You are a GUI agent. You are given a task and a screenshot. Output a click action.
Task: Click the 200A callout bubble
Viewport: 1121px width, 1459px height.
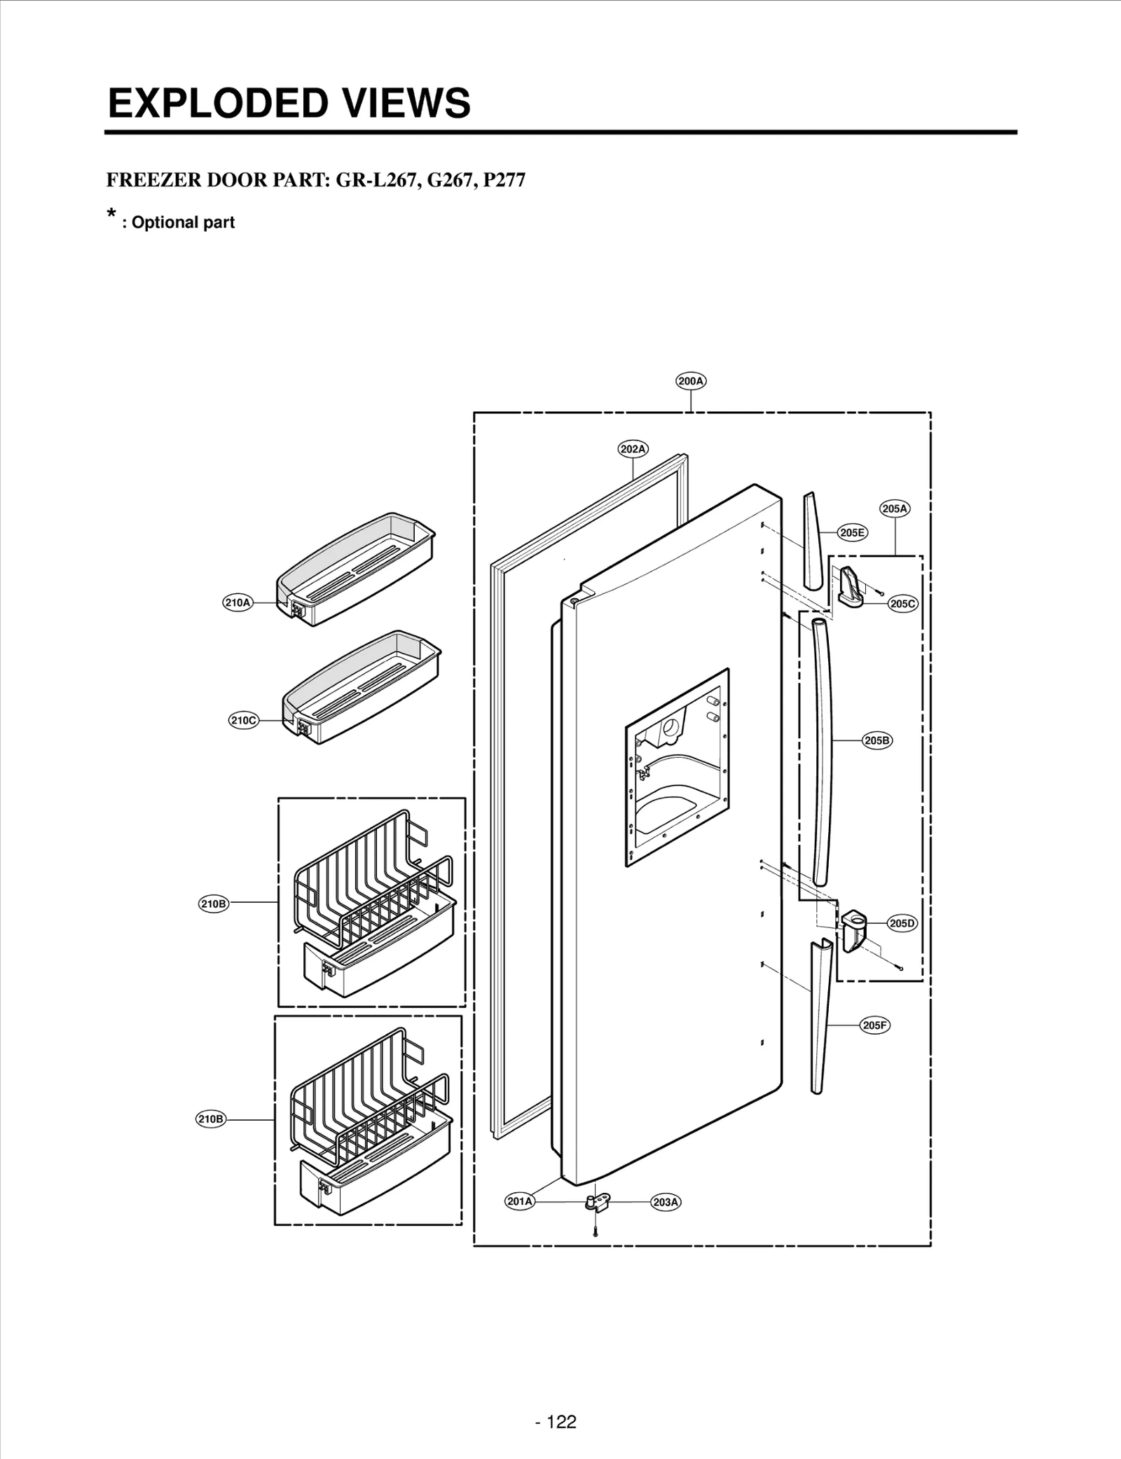click(x=691, y=381)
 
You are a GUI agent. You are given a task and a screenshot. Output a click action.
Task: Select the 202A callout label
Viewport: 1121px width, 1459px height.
click(x=633, y=449)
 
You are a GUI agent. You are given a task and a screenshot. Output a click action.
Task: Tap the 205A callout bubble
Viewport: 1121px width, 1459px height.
click(x=895, y=509)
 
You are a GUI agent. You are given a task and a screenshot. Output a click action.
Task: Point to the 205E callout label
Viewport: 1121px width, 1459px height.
click(x=852, y=532)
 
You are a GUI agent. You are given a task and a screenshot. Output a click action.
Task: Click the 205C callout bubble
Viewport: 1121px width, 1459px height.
click(x=902, y=604)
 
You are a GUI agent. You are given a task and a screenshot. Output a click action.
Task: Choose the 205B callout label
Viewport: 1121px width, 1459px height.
click(x=876, y=740)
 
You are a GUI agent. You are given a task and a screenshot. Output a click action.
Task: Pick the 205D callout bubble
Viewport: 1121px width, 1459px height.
click(x=902, y=923)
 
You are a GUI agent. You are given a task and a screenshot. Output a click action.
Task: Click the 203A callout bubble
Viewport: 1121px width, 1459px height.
click(x=666, y=1202)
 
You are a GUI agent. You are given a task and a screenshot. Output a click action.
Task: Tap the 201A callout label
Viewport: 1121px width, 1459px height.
click(x=520, y=1201)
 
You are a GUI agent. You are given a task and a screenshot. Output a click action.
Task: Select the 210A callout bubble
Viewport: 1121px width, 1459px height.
click(x=238, y=602)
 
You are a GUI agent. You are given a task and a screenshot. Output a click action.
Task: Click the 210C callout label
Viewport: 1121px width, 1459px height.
click(x=244, y=720)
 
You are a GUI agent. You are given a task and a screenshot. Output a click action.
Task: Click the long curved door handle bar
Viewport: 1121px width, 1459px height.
click(x=823, y=749)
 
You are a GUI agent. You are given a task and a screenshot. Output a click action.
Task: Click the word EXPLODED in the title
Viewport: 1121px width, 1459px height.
click(x=216, y=104)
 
